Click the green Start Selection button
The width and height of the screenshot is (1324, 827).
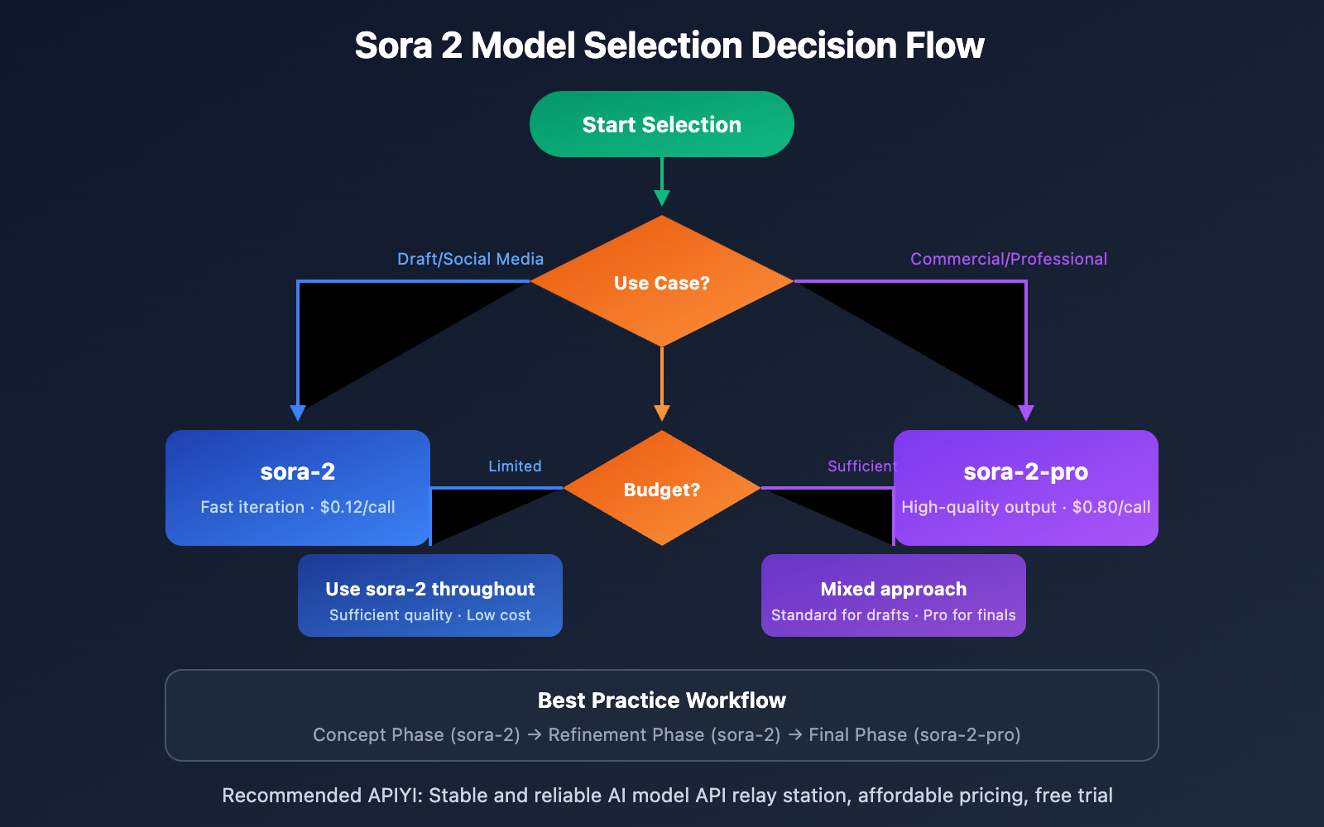pyautogui.click(x=662, y=124)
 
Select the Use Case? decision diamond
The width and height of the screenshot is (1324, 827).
pyautogui.click(x=662, y=282)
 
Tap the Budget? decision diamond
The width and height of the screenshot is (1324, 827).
pyautogui.click(x=662, y=489)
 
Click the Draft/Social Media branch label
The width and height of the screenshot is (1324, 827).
pyautogui.click(x=470, y=259)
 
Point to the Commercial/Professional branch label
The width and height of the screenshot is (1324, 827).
pyautogui.click(x=1008, y=259)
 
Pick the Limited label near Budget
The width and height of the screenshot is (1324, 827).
pyautogui.click(x=515, y=466)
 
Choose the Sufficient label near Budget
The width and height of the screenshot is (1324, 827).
pyautogui.click(x=861, y=466)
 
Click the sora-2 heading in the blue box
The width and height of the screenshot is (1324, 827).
pyautogui.click(x=298, y=471)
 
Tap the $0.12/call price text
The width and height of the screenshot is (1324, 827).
pyautogui.click(x=357, y=507)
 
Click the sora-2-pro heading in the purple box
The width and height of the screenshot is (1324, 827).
pyautogui.click(x=1025, y=471)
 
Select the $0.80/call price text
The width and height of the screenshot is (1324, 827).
pyautogui.click(x=1111, y=507)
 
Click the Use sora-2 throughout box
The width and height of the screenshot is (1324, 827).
pyautogui.click(x=430, y=595)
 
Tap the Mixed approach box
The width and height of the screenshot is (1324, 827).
pyautogui.click(x=894, y=595)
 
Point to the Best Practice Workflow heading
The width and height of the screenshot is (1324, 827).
pyautogui.click(x=662, y=700)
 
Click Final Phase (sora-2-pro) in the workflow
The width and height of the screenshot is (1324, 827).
pyautogui.click(x=914, y=734)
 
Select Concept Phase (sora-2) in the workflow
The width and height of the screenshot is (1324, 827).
pyautogui.click(x=416, y=734)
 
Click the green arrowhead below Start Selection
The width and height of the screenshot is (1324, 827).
pyautogui.click(x=662, y=198)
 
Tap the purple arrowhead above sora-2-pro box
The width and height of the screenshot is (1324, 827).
pyautogui.click(x=1026, y=413)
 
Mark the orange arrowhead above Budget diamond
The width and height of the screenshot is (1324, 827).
pyautogui.click(x=662, y=413)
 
